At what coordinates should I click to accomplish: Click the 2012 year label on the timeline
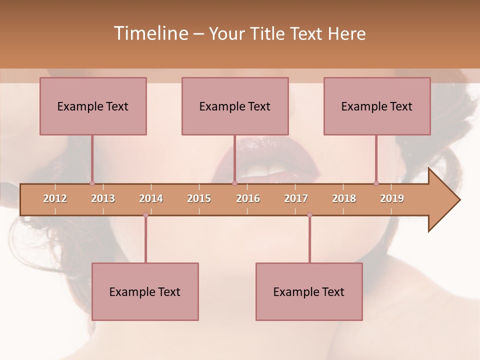pyautogui.click(x=55, y=198)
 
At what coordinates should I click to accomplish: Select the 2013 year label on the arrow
pyautogui.click(x=103, y=198)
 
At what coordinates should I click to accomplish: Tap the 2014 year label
pyautogui.click(x=151, y=198)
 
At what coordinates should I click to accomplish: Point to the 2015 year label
pyautogui.click(x=199, y=198)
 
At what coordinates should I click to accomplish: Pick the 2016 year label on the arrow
pyautogui.click(x=248, y=198)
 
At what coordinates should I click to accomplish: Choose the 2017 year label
pyautogui.click(x=296, y=198)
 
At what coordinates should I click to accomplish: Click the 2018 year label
pyautogui.click(x=344, y=198)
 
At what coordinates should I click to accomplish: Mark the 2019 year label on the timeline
pyautogui.click(x=392, y=198)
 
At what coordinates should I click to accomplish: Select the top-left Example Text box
pyautogui.click(x=93, y=106)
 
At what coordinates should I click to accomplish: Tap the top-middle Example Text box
pyautogui.click(x=235, y=106)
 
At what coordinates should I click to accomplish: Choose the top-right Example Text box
pyautogui.click(x=377, y=106)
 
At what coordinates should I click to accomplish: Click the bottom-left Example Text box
pyautogui.click(x=145, y=291)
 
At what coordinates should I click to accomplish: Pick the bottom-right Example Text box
pyautogui.click(x=309, y=291)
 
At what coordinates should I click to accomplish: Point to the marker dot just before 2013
pyautogui.click(x=92, y=183)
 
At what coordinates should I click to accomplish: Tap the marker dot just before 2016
pyautogui.click(x=234, y=183)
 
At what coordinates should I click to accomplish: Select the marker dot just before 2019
pyautogui.click(x=376, y=183)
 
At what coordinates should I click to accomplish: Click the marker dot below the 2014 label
pyautogui.click(x=145, y=215)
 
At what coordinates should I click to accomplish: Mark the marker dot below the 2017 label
pyautogui.click(x=309, y=215)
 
